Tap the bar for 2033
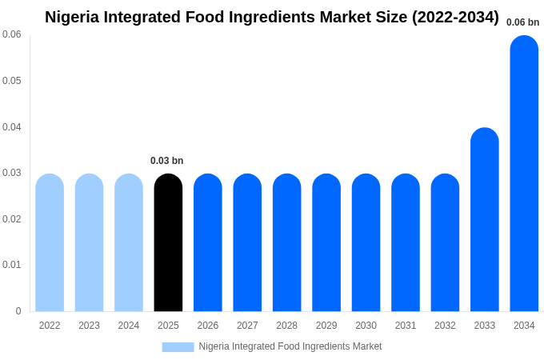485,220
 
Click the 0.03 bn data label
166,161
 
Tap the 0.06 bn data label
522,22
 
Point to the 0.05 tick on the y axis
12,81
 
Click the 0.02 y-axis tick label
12,219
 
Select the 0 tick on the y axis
18,311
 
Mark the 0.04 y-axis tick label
12,127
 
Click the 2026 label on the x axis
208,326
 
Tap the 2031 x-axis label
406,326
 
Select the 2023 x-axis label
89,326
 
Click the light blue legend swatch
178,346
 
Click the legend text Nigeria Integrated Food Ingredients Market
290,346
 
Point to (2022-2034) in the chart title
455,17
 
